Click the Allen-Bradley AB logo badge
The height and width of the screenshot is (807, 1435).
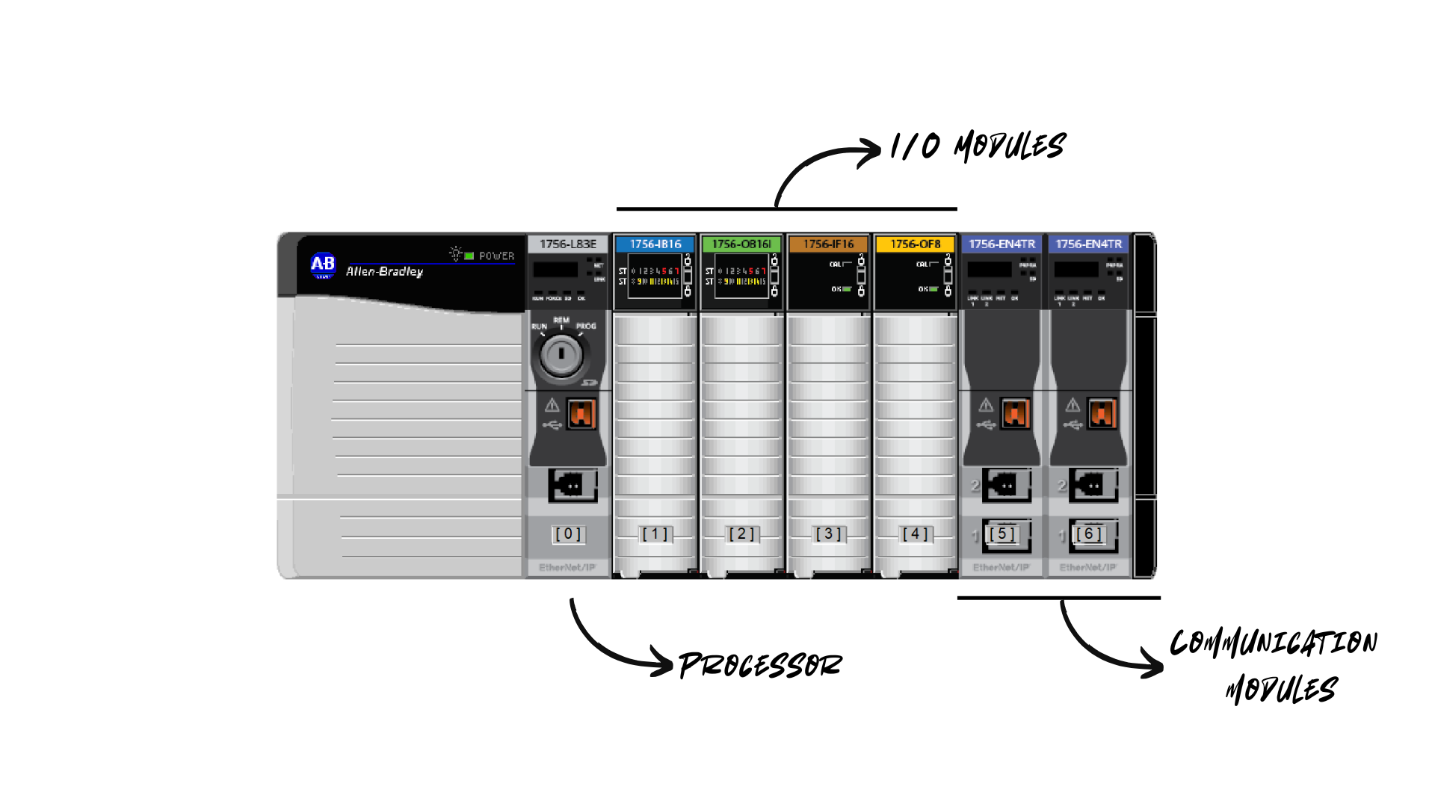[x=323, y=265]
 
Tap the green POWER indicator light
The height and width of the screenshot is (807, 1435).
[x=469, y=256]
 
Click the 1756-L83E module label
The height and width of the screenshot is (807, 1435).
[x=568, y=244]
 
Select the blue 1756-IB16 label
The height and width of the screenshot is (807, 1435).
[x=655, y=244]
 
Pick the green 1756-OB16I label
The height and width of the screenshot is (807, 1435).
[x=741, y=244]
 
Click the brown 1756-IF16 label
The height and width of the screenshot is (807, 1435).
[x=828, y=244]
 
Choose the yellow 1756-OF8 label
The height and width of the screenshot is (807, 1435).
[x=915, y=244]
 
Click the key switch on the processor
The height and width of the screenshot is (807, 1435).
[x=561, y=356]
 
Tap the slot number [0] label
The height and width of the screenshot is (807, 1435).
[x=568, y=534]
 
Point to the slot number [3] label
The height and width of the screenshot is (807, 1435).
[x=828, y=534]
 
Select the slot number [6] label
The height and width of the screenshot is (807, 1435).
[x=1088, y=534]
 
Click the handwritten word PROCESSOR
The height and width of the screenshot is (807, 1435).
[x=760, y=664]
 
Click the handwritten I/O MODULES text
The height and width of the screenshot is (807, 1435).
[x=978, y=146]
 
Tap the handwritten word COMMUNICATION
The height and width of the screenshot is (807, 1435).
[x=1274, y=643]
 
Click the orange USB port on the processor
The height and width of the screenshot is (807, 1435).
[x=581, y=413]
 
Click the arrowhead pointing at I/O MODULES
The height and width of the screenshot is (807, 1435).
[x=871, y=152]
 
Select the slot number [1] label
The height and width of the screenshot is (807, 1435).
[x=655, y=534]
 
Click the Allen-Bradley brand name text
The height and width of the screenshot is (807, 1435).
[x=384, y=271]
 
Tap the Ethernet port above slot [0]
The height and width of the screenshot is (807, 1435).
[x=573, y=485]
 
